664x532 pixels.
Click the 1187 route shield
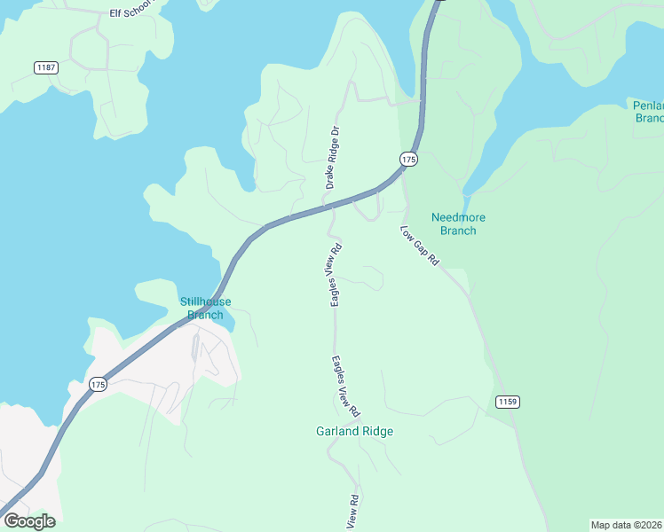[x=46, y=67]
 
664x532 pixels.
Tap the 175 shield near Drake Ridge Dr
[x=408, y=159]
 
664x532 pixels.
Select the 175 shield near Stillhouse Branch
[x=99, y=384]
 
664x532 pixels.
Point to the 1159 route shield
[x=507, y=402]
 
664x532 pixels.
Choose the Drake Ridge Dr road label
[x=332, y=157]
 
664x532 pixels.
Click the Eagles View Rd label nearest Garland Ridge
[x=346, y=387]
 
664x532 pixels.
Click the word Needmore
[x=458, y=217]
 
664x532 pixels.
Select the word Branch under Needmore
[x=458, y=231]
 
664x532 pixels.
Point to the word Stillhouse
[x=205, y=301]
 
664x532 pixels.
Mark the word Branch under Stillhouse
[x=205, y=315]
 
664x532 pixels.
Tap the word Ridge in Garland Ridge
[x=376, y=432]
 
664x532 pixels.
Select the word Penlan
[x=648, y=105]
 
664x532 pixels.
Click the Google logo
[x=29, y=520]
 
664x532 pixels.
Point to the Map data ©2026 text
[x=627, y=524]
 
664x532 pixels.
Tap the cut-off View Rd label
[x=353, y=512]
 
